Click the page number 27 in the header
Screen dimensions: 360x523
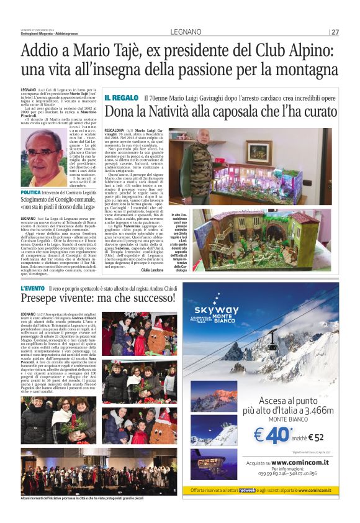click(335, 32)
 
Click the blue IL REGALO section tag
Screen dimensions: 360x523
click(121, 98)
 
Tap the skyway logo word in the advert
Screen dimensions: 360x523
click(216, 310)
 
